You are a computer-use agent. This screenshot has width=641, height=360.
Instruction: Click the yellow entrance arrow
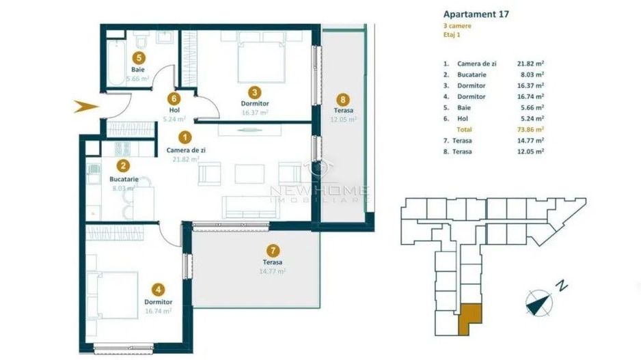(87, 105)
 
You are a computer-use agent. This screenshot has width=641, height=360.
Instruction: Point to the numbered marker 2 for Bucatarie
(122, 165)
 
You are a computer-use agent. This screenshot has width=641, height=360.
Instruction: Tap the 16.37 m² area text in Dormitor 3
(254, 113)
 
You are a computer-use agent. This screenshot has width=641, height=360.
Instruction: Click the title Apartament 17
(476, 13)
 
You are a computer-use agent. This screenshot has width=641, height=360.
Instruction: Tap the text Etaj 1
(452, 36)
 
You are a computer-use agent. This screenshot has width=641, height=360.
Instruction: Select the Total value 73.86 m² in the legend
(530, 129)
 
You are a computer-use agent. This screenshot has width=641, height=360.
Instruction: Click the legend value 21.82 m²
(530, 64)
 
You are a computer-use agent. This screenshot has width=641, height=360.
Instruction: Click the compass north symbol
(541, 301)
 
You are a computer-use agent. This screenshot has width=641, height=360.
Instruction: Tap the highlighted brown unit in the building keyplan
(470, 318)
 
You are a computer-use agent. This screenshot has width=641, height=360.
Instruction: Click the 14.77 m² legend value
(530, 140)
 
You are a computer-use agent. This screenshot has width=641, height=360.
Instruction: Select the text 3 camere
(457, 26)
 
